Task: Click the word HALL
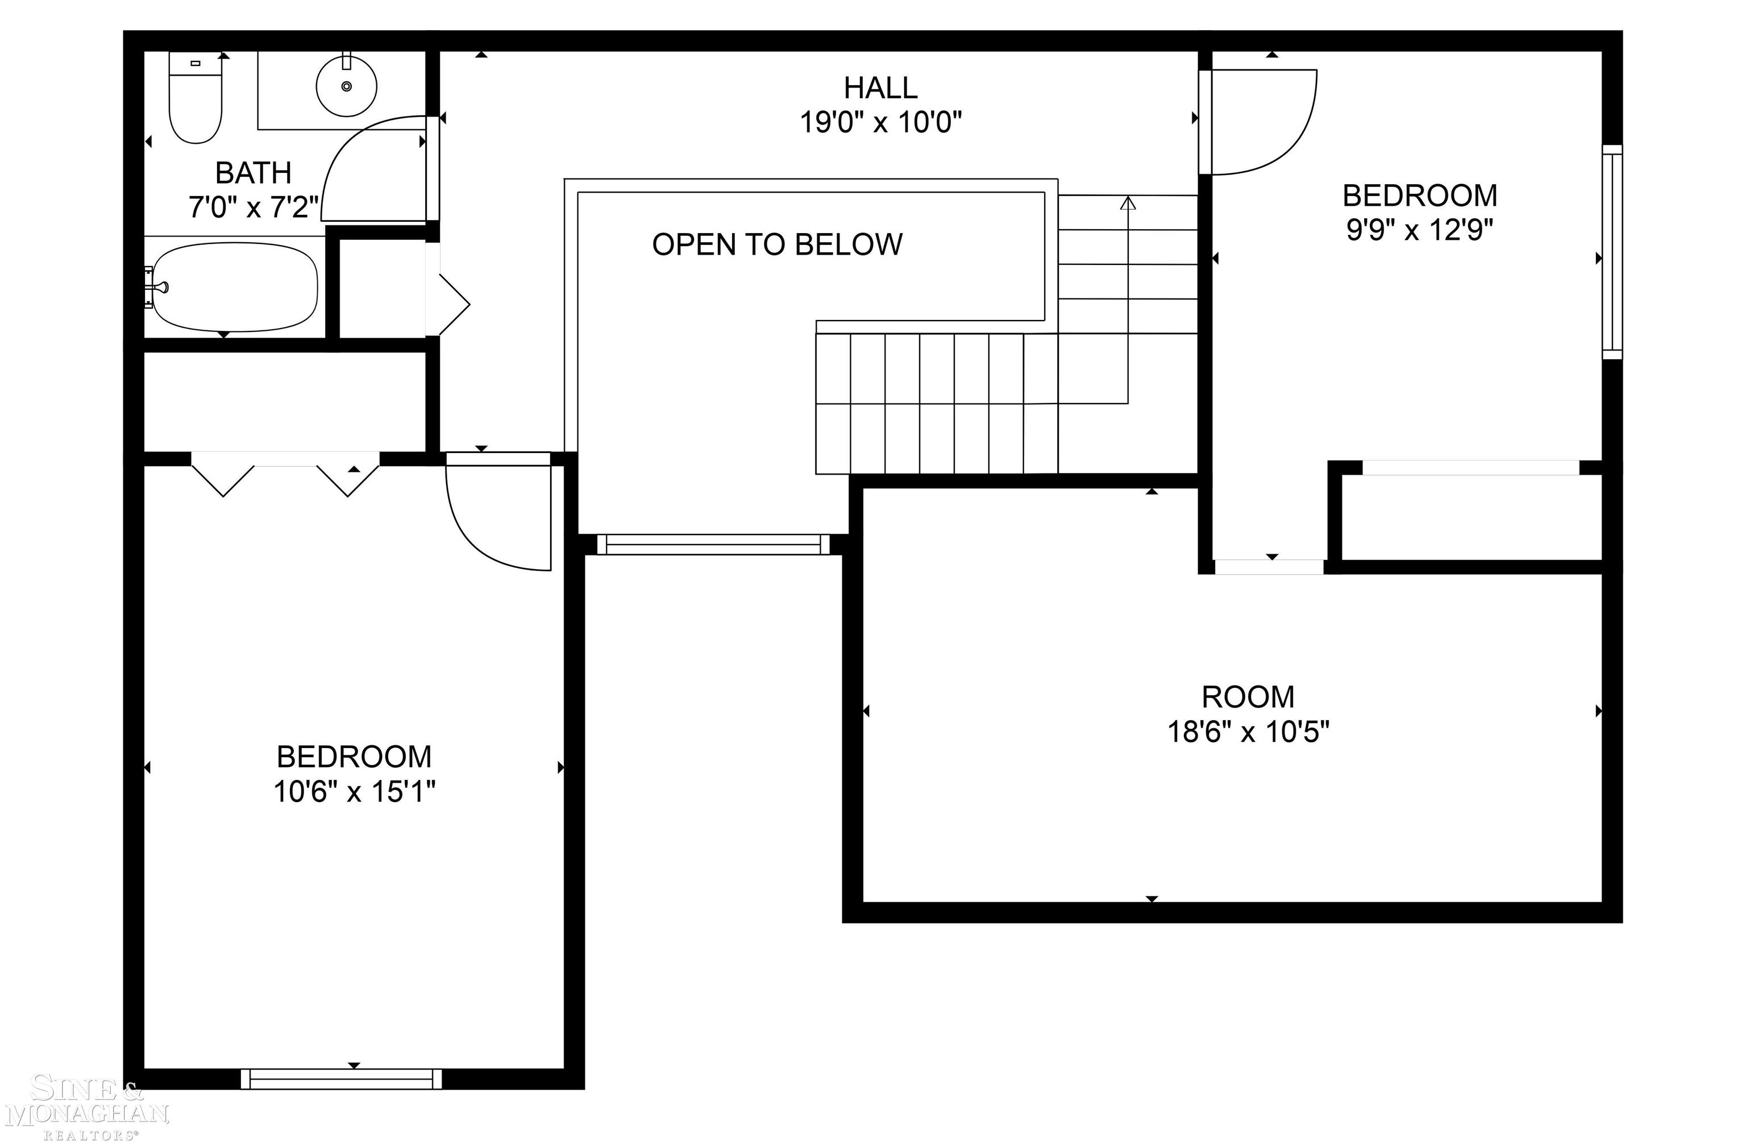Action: click(x=880, y=88)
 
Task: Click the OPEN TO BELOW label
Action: click(x=777, y=244)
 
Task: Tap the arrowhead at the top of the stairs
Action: click(x=1128, y=202)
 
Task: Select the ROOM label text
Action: click(x=1248, y=696)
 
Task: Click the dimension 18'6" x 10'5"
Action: click(x=1248, y=732)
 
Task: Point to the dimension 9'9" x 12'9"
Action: click(x=1420, y=230)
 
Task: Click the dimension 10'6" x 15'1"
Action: click(x=354, y=792)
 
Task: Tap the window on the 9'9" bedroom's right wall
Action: click(x=1612, y=252)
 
